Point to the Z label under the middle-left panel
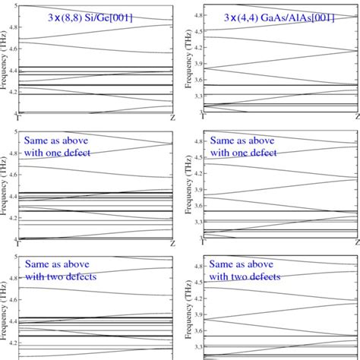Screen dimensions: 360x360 coord(174,243)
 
